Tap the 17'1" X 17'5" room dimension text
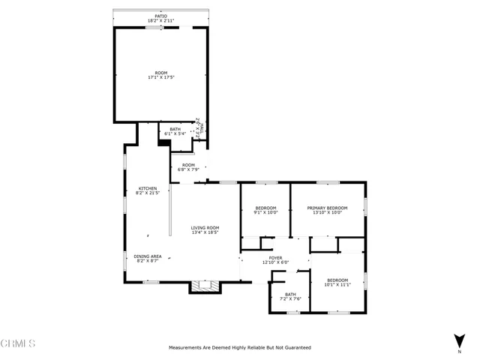[x=161, y=77]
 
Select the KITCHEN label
[x=147, y=188]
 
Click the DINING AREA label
[x=147, y=256]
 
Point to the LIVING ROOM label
[x=205, y=228]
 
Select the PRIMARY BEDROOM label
[x=327, y=208]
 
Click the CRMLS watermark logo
[x=19, y=344]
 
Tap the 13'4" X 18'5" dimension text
[x=205, y=232]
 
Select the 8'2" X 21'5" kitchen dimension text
[x=147, y=193]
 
